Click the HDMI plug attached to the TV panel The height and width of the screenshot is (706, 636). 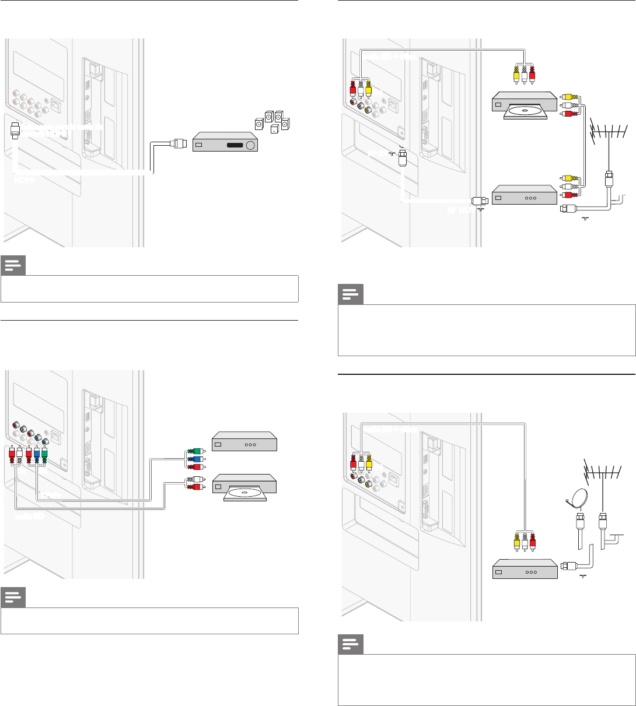[15, 129]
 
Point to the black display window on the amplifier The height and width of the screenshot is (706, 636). [235, 145]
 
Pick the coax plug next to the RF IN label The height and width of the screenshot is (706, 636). [402, 159]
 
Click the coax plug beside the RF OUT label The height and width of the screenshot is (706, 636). [476, 203]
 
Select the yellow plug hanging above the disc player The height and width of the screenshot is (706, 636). [516, 74]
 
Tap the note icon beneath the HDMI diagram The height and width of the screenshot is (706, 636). [12, 266]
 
